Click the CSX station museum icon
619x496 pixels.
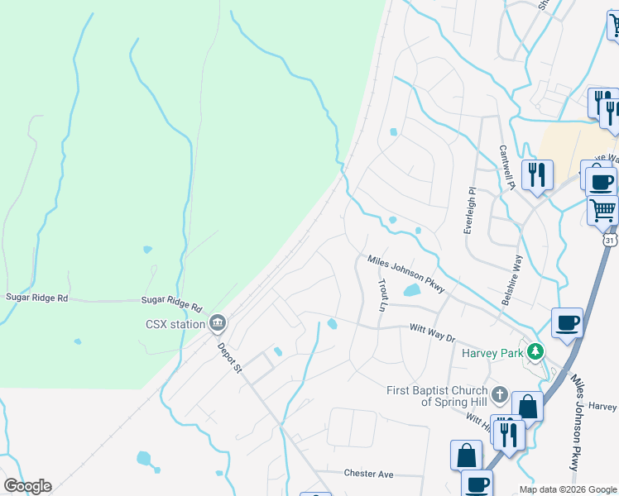point(218,322)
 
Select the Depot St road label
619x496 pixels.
point(228,357)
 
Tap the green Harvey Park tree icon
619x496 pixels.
point(535,352)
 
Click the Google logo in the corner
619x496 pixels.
point(27,486)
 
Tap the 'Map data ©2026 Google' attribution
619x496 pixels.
point(567,489)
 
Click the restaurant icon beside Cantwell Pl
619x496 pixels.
point(538,174)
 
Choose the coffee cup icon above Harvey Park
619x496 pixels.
point(567,322)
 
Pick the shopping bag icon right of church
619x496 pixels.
point(527,406)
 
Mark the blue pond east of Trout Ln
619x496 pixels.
point(411,290)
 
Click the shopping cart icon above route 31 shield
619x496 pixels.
point(602,210)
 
